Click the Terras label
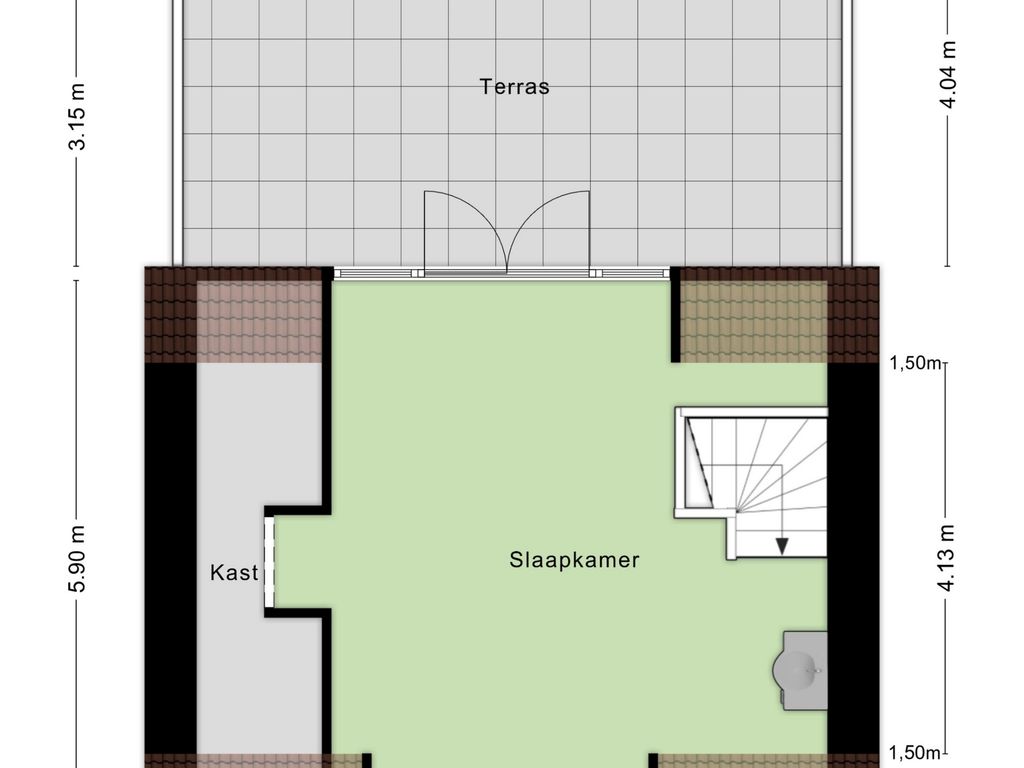pyautogui.click(x=514, y=86)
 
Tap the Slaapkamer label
pyautogui.click(x=574, y=560)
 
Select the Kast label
pyautogui.click(x=234, y=573)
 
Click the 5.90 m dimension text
pyautogui.click(x=78, y=559)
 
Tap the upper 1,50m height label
pyautogui.click(x=915, y=362)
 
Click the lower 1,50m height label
pyautogui.click(x=915, y=753)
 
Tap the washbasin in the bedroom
pyautogui.click(x=800, y=669)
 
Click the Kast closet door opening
pyautogui.click(x=269, y=562)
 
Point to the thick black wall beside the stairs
pyautogui.click(x=854, y=558)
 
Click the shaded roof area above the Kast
pyautogui.click(x=259, y=321)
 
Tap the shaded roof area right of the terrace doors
pyautogui.click(x=754, y=321)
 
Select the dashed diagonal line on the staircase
pyautogui.click(x=699, y=462)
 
